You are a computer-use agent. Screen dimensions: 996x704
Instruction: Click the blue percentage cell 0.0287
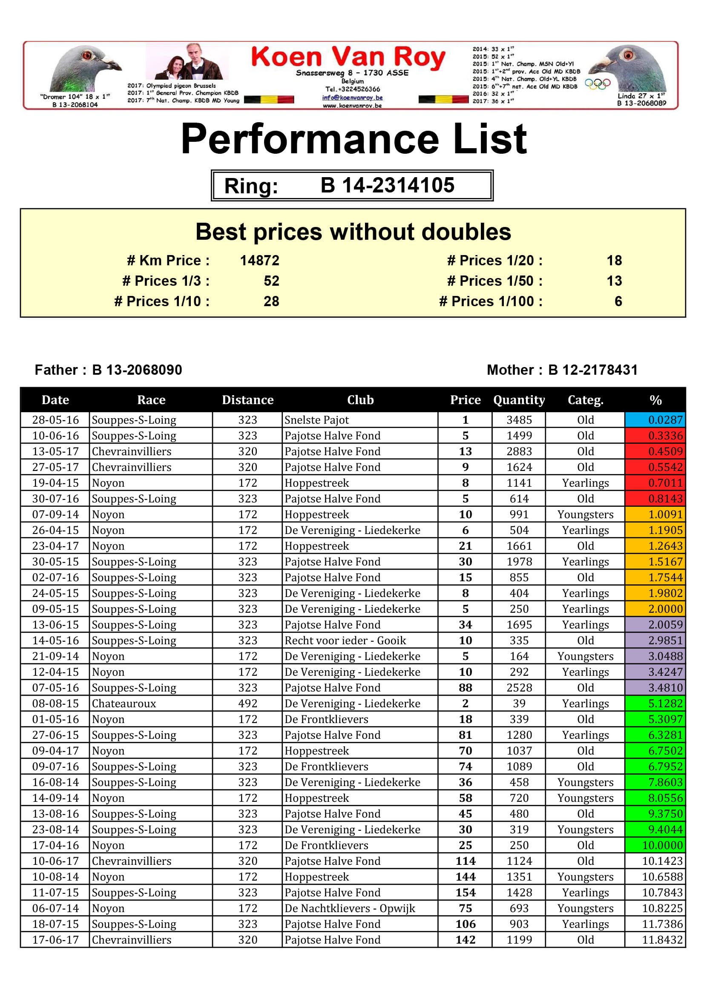pos(655,419)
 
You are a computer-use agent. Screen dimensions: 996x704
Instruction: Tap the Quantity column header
pos(519,399)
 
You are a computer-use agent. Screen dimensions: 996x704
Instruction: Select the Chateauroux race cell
pos(124,703)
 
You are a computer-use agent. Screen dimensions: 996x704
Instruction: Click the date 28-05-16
pos(55,419)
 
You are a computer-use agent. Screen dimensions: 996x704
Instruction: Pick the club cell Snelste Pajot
pos(316,419)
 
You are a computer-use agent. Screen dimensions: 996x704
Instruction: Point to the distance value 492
pos(247,703)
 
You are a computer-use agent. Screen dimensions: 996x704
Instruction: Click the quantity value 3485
pos(519,419)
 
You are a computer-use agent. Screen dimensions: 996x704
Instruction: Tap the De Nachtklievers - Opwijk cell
pos(350,908)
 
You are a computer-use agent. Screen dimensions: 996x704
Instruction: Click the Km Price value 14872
pos(259,260)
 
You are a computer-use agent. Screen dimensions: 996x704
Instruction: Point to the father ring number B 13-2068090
pos(137,370)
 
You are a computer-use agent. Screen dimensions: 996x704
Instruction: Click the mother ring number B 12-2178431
pos(592,370)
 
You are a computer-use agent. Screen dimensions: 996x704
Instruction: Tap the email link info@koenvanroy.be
pos(352,98)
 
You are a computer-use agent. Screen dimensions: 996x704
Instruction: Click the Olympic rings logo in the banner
pos(597,84)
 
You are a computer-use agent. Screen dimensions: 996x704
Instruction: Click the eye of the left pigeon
pos(87,55)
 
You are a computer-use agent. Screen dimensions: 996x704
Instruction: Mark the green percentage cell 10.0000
pos(655,845)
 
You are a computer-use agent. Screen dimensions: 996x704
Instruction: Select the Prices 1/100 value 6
pos(618,301)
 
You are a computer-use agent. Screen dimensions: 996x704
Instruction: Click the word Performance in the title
pos(310,139)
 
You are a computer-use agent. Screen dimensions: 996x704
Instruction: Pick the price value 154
pos(465,893)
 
